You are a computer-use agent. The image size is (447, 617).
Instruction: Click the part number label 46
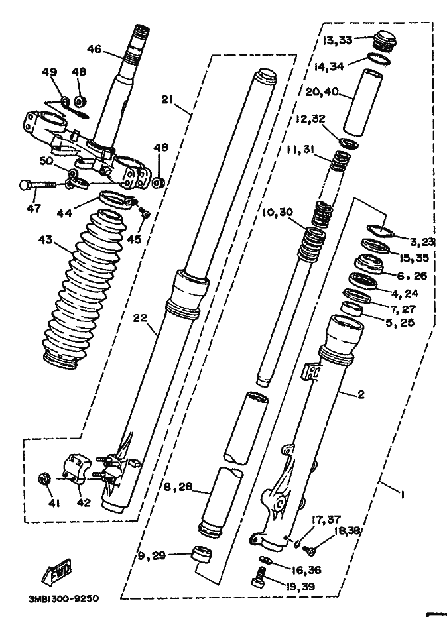(x=94, y=49)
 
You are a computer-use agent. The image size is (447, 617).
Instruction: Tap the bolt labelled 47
(x=36, y=184)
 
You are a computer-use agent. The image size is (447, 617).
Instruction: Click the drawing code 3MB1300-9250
(x=64, y=598)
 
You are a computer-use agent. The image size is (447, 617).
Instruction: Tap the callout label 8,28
(x=178, y=487)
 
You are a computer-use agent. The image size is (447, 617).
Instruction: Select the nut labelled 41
(x=43, y=479)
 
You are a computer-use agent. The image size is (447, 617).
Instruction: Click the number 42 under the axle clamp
(x=84, y=502)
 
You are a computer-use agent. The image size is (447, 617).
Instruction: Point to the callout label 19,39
(x=300, y=587)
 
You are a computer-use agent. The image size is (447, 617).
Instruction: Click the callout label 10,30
(x=278, y=213)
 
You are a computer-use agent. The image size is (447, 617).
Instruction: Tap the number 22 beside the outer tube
(x=140, y=317)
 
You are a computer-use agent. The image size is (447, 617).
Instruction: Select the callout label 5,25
(x=400, y=323)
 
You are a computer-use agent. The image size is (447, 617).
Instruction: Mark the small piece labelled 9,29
(x=201, y=555)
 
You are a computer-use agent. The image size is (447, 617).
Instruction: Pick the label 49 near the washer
(x=50, y=72)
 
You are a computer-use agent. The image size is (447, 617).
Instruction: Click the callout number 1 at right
(x=402, y=495)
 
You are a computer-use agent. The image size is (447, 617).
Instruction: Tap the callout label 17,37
(x=326, y=520)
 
